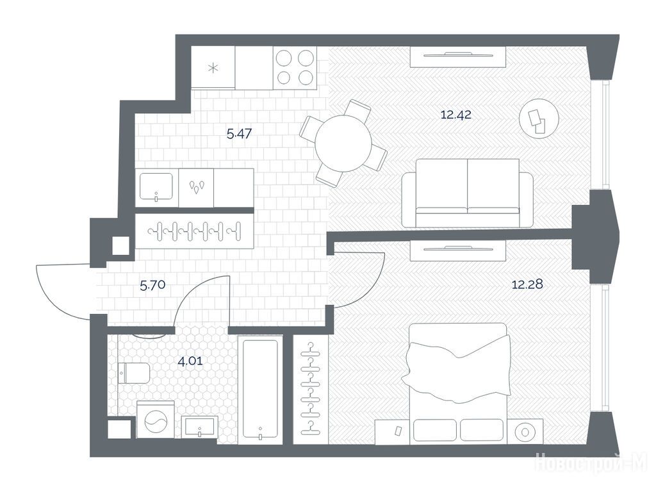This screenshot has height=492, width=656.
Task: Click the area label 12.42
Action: click(x=456, y=114)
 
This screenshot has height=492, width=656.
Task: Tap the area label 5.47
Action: click(x=240, y=134)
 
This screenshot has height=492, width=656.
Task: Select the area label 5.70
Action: click(x=152, y=286)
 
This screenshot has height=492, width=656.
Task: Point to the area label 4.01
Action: click(x=190, y=361)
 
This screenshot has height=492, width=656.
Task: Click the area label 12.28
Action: click(x=527, y=284)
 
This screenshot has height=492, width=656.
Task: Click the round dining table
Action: click(x=343, y=143)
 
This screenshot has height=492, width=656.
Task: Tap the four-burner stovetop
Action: click(x=295, y=67)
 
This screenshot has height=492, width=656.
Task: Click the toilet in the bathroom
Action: click(x=134, y=373)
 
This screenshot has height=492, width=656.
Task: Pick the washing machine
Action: click(x=156, y=420)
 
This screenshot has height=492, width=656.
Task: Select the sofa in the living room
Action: click(x=467, y=193)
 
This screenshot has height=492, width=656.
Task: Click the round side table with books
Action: click(x=539, y=119)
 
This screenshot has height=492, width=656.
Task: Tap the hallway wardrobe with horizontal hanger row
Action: click(x=195, y=231)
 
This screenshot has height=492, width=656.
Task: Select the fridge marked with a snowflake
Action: click(x=213, y=67)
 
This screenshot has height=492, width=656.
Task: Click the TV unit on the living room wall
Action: click(x=458, y=56)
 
